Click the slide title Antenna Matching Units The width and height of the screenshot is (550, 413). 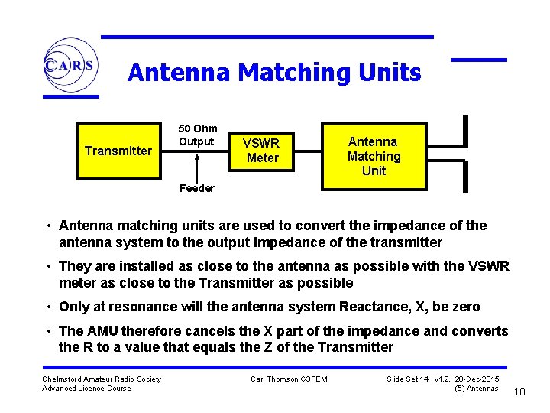(x=274, y=73)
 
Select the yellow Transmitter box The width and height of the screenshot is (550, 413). (x=118, y=151)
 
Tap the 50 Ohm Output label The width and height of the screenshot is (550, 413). (x=198, y=135)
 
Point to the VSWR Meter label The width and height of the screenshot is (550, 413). (x=262, y=150)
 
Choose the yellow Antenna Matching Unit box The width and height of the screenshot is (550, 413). (x=374, y=155)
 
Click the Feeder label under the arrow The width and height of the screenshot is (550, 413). (x=196, y=188)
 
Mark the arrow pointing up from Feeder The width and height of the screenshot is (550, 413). (x=197, y=166)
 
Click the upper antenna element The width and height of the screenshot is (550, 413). (x=465, y=130)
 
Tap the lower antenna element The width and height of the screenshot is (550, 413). (x=465, y=177)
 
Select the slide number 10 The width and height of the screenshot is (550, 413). (x=519, y=392)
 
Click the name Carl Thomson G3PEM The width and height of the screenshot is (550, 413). (x=289, y=379)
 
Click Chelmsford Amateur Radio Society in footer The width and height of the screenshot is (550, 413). (x=102, y=379)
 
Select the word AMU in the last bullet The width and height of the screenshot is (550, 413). (x=102, y=331)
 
